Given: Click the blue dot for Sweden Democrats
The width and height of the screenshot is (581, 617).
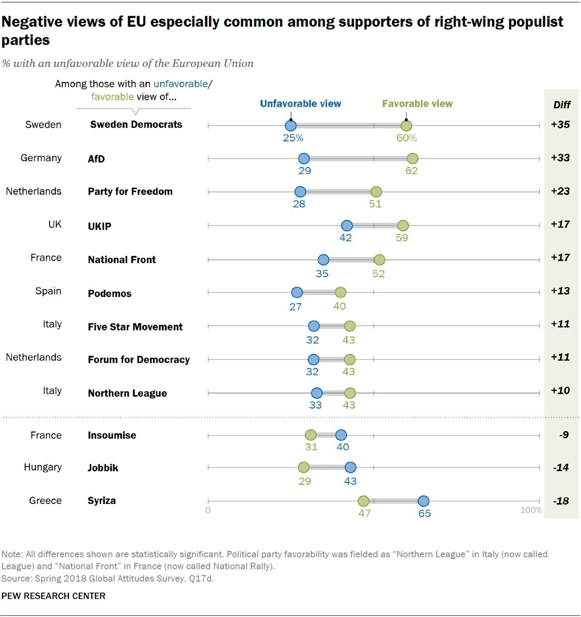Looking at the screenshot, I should click(x=290, y=126).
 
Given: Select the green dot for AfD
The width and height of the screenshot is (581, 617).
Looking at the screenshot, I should click(x=412, y=158).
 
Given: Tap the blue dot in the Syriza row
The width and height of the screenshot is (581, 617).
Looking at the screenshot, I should click(x=423, y=501).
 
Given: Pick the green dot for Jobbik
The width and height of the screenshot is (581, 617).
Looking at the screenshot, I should click(x=304, y=467).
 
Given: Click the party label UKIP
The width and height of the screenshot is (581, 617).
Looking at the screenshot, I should click(x=99, y=226).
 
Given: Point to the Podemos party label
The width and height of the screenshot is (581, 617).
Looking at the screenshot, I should click(x=109, y=294).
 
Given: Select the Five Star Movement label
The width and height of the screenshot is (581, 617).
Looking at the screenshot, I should click(x=135, y=327).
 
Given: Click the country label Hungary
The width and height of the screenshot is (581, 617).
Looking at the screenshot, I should click(x=43, y=467).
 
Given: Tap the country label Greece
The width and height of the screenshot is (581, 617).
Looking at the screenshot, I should click(x=45, y=500).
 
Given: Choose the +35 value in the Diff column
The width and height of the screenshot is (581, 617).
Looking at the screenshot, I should click(x=560, y=125).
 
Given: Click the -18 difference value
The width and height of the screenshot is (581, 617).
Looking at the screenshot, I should click(x=561, y=501).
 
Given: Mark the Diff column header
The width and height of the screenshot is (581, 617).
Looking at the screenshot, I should click(x=561, y=105).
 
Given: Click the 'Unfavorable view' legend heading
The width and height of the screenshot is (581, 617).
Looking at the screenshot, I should click(x=300, y=104).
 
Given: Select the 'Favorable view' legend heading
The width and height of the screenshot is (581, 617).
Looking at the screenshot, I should click(x=417, y=104).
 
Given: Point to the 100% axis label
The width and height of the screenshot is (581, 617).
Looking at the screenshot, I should click(x=531, y=510).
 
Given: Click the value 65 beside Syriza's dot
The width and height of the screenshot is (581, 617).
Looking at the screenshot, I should click(x=424, y=514).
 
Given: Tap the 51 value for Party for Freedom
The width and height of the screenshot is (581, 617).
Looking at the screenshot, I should click(x=375, y=204).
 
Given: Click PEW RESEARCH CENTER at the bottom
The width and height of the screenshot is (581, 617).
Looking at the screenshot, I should click(x=54, y=596).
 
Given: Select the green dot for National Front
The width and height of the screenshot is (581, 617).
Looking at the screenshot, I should click(x=379, y=260).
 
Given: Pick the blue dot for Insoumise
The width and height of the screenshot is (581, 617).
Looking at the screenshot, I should click(x=341, y=435).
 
